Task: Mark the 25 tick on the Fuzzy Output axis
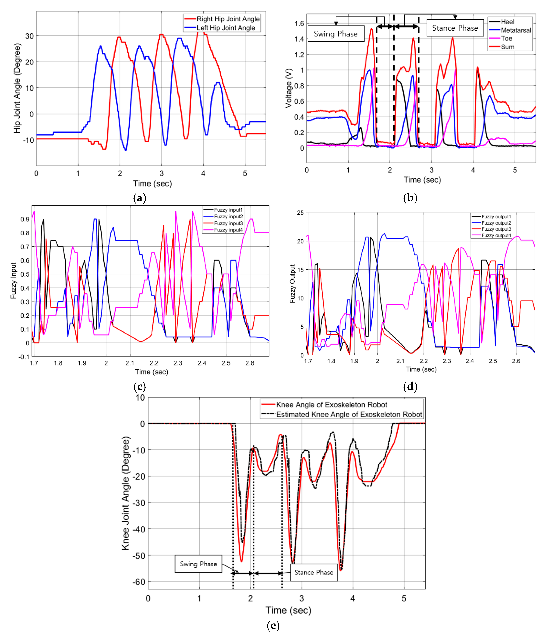(x=300, y=213)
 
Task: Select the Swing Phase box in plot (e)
(x=198, y=564)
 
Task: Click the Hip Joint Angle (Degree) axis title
(x=17, y=89)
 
